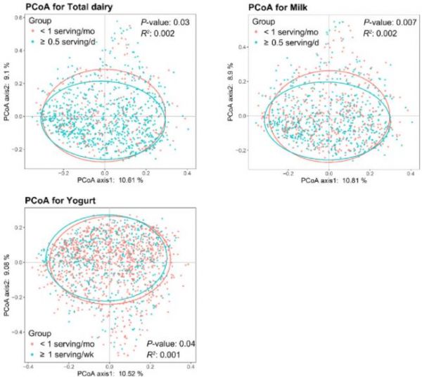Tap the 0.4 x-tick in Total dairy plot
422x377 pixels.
(187, 172)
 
